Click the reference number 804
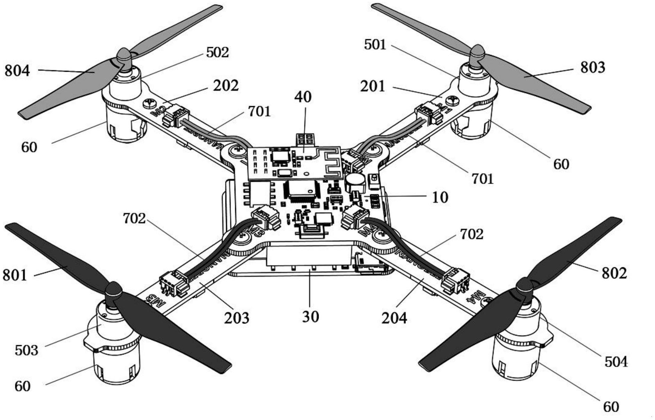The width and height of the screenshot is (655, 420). [17, 71]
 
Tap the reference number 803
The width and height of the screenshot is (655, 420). [592, 68]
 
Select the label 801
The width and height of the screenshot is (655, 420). [15, 275]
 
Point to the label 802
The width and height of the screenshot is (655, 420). [614, 273]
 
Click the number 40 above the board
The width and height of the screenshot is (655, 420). [303, 97]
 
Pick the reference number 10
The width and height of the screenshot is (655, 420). [440, 197]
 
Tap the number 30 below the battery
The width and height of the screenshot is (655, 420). [310, 317]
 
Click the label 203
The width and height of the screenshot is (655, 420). [237, 318]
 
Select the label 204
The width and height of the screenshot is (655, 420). [394, 318]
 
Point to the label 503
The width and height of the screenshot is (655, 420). [26, 350]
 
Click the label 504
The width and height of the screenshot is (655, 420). [616, 362]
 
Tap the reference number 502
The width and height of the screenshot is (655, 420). [217, 53]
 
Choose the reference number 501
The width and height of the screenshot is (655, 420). [375, 45]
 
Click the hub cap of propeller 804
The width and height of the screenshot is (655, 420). [123, 55]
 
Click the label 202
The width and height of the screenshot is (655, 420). [226, 86]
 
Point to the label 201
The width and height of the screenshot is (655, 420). [373, 86]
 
